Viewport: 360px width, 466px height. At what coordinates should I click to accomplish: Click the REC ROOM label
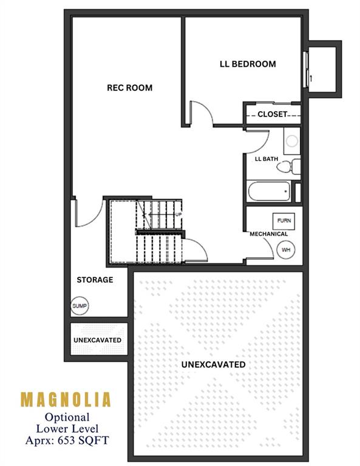click(129, 87)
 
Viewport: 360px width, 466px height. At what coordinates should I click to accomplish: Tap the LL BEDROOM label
click(248, 64)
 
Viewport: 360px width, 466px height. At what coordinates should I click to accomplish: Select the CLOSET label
click(273, 114)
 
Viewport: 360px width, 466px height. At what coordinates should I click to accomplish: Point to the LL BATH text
click(267, 159)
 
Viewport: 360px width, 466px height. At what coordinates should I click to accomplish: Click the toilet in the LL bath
click(289, 166)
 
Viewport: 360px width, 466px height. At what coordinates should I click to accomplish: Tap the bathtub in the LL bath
click(269, 191)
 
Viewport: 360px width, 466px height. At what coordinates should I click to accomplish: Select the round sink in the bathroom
click(292, 141)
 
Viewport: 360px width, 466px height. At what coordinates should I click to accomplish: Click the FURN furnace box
click(284, 220)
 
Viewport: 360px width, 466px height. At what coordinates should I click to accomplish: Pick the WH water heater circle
click(286, 249)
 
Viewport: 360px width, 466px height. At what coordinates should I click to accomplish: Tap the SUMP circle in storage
click(80, 306)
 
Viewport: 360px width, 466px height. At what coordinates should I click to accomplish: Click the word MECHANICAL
click(269, 234)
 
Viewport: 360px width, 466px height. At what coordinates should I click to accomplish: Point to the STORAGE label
click(95, 280)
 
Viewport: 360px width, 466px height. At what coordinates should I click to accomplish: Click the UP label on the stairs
click(178, 214)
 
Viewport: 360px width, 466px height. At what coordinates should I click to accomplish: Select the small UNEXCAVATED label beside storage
click(98, 340)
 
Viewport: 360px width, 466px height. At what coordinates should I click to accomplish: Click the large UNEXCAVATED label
click(214, 364)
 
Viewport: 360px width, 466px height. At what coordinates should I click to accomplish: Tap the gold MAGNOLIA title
click(66, 399)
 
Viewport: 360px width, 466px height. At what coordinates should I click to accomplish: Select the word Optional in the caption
click(67, 417)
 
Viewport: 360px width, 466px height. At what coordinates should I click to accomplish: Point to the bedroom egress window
click(305, 70)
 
